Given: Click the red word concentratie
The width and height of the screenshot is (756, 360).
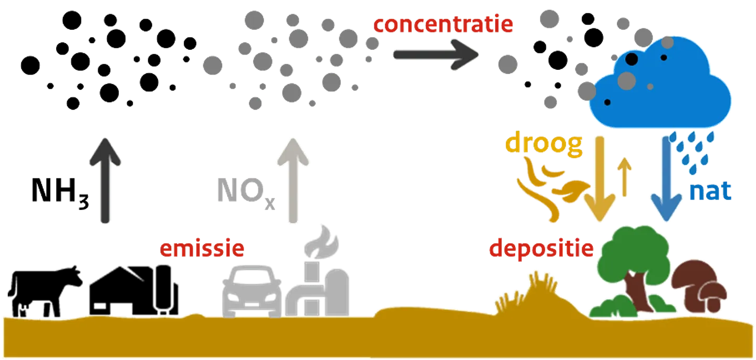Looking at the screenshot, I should [443, 24].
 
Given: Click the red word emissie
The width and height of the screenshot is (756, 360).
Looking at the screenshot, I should [202, 248].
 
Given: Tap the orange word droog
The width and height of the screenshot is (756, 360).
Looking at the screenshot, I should [543, 145].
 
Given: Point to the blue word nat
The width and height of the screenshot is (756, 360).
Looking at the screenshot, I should [710, 192].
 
